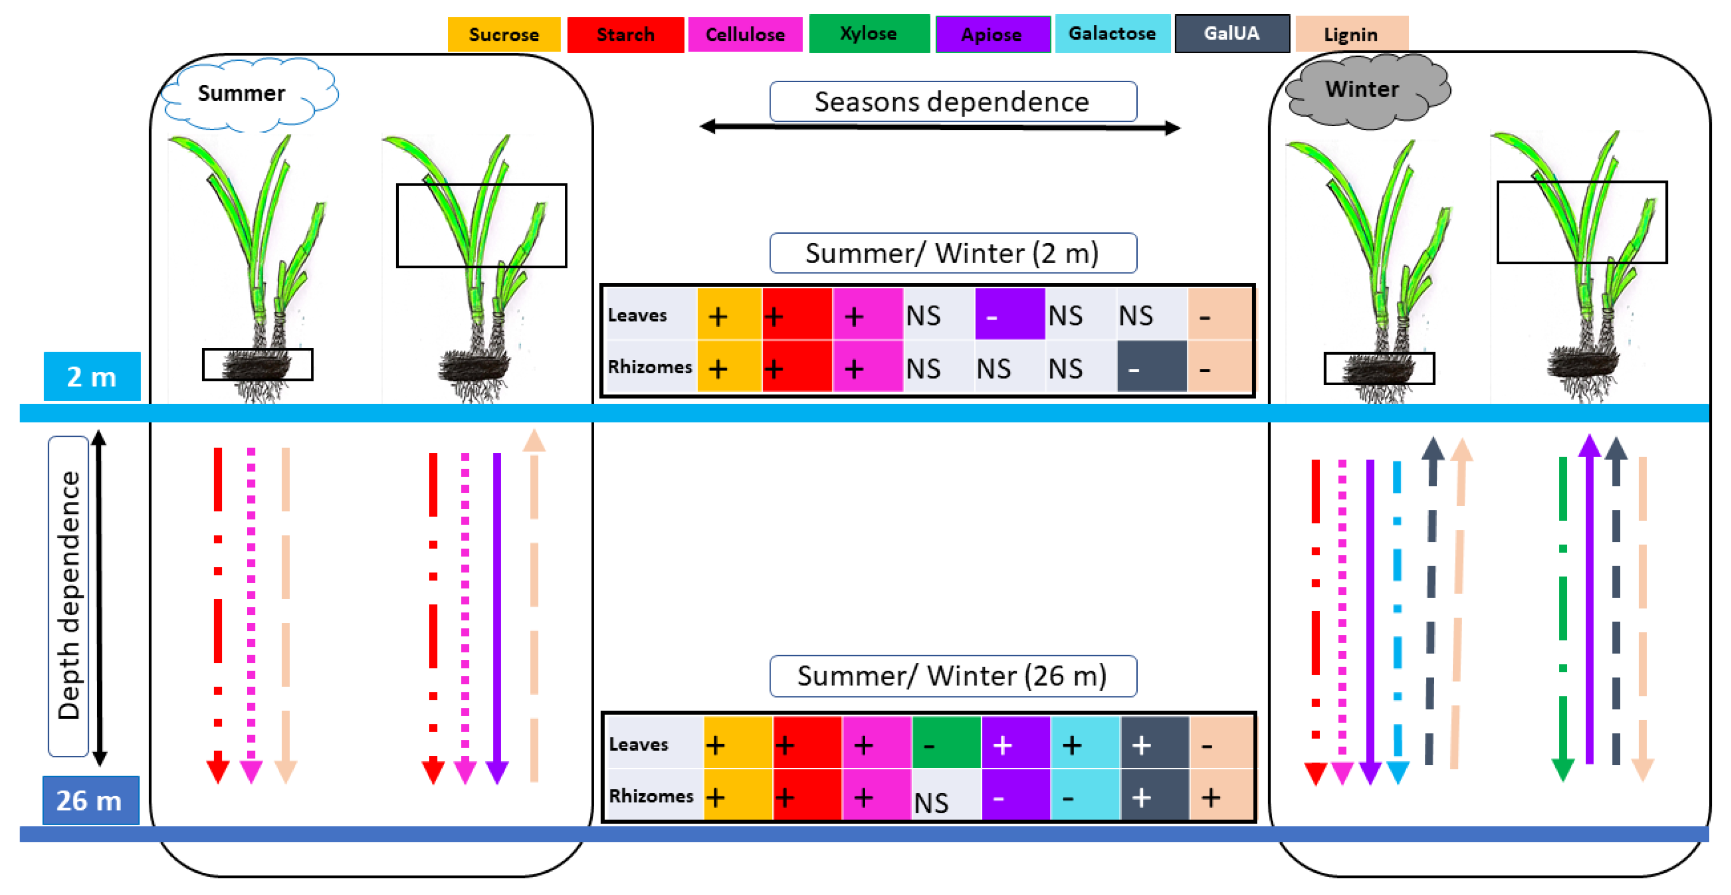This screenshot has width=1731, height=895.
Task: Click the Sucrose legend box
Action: click(x=503, y=34)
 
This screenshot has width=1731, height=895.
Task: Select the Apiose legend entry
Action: click(x=992, y=34)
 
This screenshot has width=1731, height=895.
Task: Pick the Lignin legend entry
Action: click(x=1351, y=34)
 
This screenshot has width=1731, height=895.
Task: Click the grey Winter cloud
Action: click(x=1364, y=90)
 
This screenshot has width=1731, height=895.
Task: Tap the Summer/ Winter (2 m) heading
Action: click(x=952, y=253)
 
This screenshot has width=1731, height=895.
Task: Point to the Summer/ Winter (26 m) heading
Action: click(x=952, y=676)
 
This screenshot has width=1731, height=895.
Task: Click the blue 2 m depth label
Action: click(x=92, y=377)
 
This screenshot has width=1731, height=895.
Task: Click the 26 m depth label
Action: click(x=90, y=800)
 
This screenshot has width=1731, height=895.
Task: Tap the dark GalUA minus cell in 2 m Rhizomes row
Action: click(x=1151, y=368)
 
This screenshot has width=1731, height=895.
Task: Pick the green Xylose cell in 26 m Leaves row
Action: click(x=945, y=744)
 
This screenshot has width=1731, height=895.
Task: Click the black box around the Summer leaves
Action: click(x=481, y=226)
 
